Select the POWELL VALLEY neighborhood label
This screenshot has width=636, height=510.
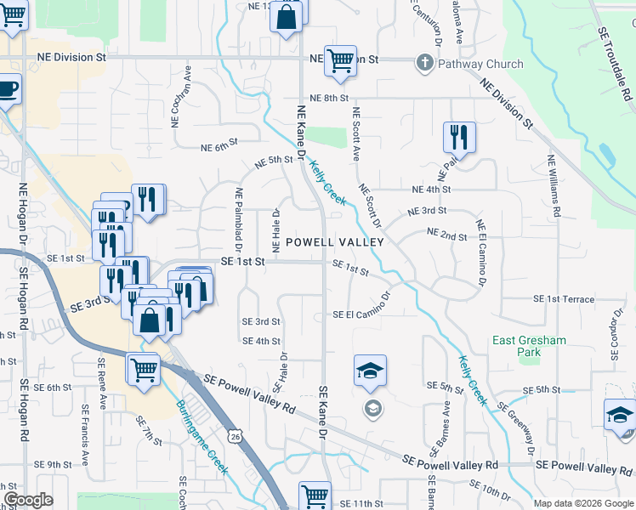point(334,242)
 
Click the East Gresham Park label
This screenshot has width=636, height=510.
point(529,347)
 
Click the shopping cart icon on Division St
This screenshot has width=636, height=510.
point(340,61)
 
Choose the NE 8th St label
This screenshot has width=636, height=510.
point(329,99)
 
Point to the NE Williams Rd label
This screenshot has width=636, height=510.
point(554,185)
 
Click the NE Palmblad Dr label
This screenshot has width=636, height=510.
point(239,220)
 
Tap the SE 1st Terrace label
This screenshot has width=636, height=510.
point(564,299)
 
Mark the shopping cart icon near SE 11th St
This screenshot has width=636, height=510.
point(315,495)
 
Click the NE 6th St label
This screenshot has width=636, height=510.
point(218,148)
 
